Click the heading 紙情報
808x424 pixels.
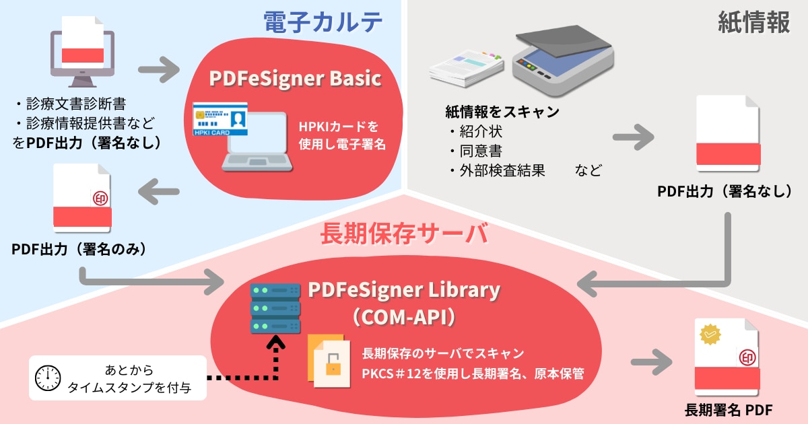click(753, 23)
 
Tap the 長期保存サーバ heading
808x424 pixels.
click(404, 235)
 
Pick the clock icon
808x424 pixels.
click(49, 379)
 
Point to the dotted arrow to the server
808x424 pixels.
click(256, 367)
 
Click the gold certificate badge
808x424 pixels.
click(711, 334)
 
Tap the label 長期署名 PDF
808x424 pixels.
click(728, 410)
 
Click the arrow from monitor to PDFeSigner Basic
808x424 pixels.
click(159, 69)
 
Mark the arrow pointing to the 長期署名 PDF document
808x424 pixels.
click(652, 362)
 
